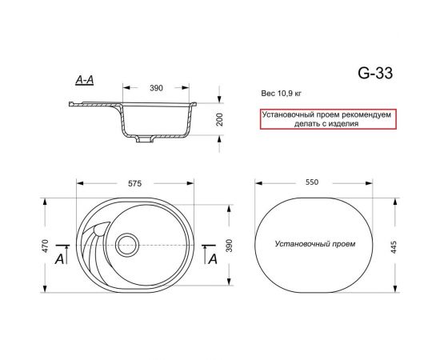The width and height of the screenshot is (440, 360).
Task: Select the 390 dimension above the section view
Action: pyautogui.click(x=157, y=87)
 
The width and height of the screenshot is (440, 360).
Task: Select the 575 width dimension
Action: pyautogui.click(x=134, y=183)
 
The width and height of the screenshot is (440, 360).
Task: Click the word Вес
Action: pyautogui.click(x=267, y=94)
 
